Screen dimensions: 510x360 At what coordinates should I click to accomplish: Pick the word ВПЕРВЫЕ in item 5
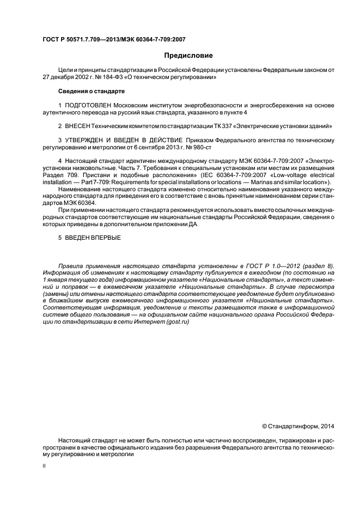click(x=106, y=238)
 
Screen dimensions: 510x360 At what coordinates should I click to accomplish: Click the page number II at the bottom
click(x=44, y=466)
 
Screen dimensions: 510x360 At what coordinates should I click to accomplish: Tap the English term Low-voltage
click(x=294, y=175)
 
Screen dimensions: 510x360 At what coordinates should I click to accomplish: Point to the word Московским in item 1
click(x=133, y=105)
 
